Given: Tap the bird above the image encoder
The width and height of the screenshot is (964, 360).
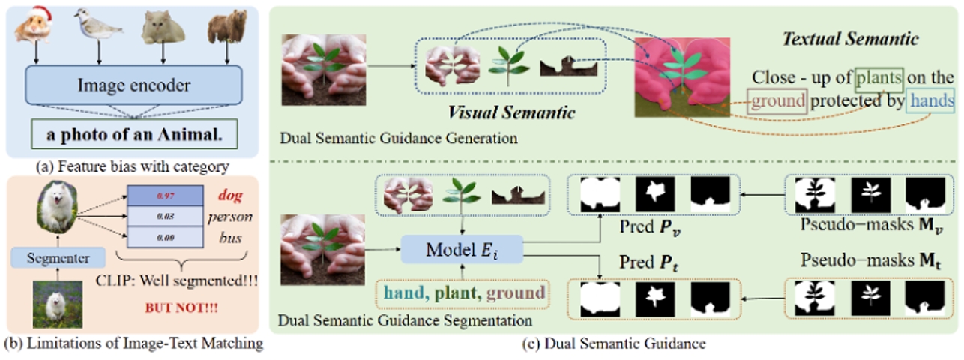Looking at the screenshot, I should (x=99, y=26).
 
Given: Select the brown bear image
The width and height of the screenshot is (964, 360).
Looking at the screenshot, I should (x=227, y=27).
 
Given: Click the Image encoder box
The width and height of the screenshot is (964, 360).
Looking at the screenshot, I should (x=134, y=85).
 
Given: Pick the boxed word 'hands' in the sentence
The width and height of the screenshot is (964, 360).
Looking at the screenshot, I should (x=930, y=101).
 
